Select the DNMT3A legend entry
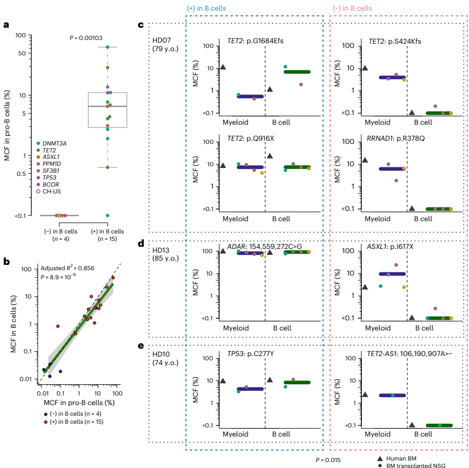click(x=52, y=143)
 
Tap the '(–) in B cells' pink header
click(x=352, y=9)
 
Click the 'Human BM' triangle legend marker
click(x=379, y=458)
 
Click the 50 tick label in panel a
click(x=21, y=53)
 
